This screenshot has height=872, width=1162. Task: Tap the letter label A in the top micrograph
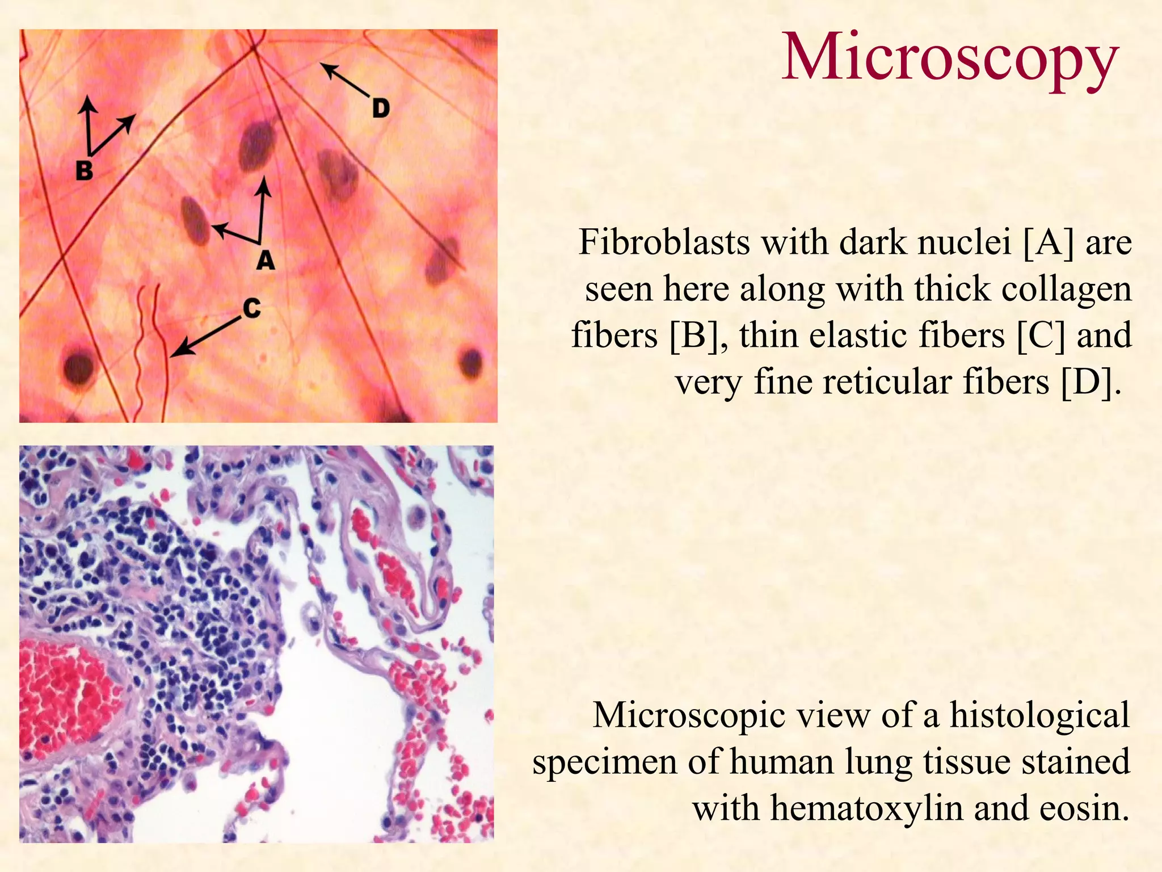point(265,261)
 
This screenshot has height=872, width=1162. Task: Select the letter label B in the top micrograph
point(84,170)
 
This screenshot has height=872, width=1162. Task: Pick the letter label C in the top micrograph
point(251,308)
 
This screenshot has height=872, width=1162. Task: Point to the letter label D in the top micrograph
point(381,108)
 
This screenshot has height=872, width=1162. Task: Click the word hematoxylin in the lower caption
point(866,807)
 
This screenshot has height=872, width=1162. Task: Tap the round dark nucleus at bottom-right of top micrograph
point(471,362)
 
